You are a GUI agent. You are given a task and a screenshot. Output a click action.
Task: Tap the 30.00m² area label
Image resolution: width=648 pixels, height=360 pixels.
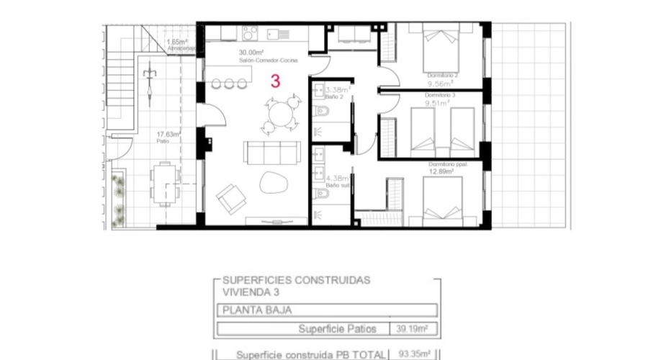point(251,53)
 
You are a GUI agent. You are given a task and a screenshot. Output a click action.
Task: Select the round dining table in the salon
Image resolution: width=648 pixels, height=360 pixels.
point(279,114)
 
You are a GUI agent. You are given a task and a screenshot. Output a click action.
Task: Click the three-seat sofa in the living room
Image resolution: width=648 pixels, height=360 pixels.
point(271,153)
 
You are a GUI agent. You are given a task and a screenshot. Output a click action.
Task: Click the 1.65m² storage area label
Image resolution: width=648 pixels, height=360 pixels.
point(176,42)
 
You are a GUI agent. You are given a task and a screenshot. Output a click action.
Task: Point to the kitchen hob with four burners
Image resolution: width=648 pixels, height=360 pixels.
point(250,32)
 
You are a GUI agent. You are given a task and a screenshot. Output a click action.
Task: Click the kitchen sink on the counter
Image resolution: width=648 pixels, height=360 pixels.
point(278,32)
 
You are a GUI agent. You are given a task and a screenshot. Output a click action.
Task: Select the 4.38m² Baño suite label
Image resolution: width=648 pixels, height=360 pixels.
point(337,178)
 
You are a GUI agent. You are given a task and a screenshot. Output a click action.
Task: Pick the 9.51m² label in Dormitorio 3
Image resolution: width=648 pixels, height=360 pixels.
point(437,102)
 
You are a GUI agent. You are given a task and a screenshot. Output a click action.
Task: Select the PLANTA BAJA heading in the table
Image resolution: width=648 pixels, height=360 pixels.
point(246,311)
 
